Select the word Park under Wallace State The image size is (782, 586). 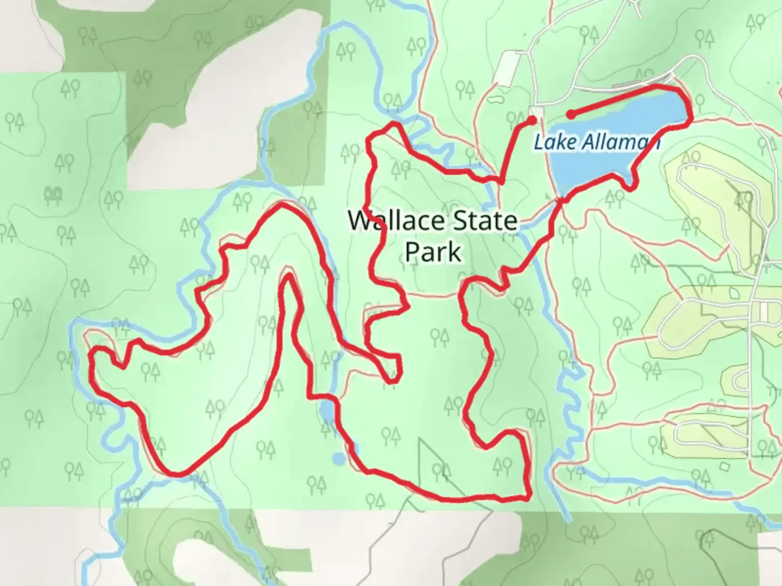tap(433, 252)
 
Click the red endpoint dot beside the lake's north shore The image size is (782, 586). tap(571, 114)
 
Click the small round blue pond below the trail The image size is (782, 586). tap(338, 459)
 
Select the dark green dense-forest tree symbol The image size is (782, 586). tap(54, 194)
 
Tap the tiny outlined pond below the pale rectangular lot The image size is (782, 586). tap(495, 100)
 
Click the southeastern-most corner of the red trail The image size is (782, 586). tap(527, 496)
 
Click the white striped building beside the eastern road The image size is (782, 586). tap(764, 311)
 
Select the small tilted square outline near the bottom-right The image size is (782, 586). tap(724, 467)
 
